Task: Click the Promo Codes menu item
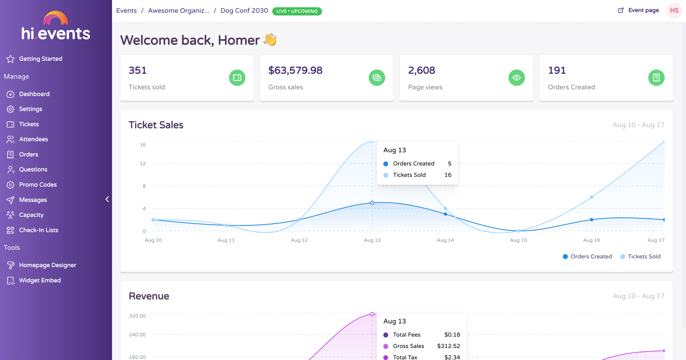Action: (38, 185)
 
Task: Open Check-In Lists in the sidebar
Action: (39, 230)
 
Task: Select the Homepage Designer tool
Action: (47, 265)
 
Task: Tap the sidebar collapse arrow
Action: (107, 199)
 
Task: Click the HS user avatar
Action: (674, 11)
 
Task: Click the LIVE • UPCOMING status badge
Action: (297, 11)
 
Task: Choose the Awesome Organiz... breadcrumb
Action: (179, 11)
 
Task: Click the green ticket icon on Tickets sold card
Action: (237, 78)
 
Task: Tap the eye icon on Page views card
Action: (516, 78)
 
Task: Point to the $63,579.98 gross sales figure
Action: (295, 70)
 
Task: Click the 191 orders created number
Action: (556, 70)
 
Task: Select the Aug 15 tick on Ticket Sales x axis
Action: (518, 240)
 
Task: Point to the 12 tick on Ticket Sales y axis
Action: (143, 163)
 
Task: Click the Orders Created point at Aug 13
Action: (372, 203)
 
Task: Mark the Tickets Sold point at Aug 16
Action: (591, 197)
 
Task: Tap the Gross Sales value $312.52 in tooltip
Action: (449, 346)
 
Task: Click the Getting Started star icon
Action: (10, 59)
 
